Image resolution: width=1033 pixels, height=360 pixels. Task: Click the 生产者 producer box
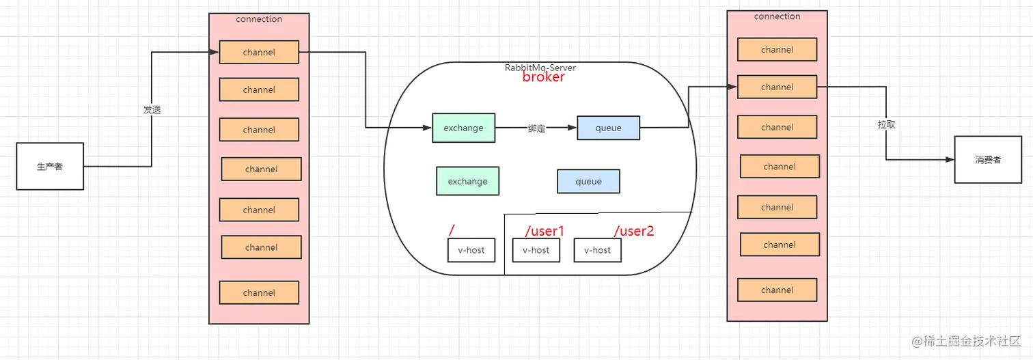coord(50,166)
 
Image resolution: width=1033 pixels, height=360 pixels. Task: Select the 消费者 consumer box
coord(988,159)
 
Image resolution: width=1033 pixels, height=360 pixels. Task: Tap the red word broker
coord(544,77)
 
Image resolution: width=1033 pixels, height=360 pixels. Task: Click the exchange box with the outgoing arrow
coord(463,128)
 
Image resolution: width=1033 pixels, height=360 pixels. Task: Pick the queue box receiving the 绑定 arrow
coord(608,128)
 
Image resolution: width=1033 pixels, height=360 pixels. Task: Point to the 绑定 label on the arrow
coord(536,128)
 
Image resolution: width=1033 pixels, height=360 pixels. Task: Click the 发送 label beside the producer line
coord(152,109)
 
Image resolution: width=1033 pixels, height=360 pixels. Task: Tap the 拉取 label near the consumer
coord(887,125)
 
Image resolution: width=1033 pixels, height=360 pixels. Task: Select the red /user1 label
coord(545,231)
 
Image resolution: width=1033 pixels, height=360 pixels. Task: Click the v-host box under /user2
coord(597,250)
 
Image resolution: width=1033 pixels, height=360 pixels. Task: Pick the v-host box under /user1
coord(536,250)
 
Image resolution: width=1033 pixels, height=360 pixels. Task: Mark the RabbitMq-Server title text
coord(539,67)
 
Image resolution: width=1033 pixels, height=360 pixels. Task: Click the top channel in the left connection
coord(259,53)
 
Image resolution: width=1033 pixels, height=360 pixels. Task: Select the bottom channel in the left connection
coord(259,292)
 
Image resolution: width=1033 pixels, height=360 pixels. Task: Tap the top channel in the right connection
coord(777,49)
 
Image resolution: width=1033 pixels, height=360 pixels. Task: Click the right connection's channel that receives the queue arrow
coord(777,87)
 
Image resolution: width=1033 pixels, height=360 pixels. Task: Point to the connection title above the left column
coord(259,19)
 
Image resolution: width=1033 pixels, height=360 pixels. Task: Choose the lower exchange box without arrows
coord(467,181)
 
